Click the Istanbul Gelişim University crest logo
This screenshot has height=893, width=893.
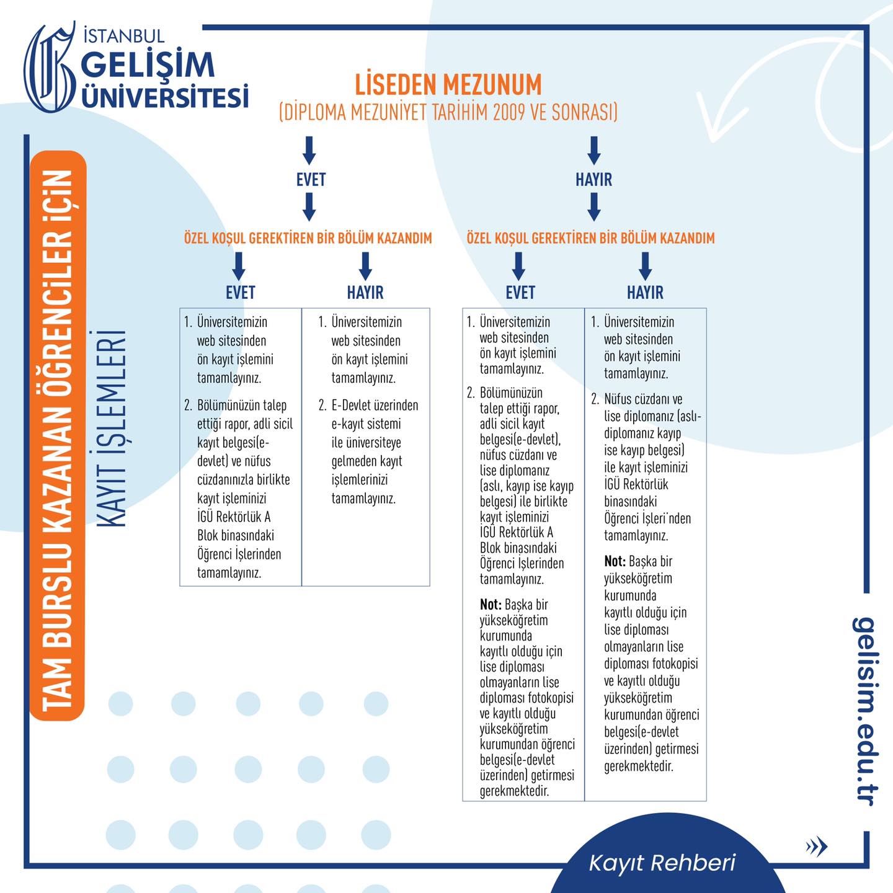pos(50,67)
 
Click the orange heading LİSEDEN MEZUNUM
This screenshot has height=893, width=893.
pos(448,84)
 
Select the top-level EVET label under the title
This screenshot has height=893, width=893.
pos(311,179)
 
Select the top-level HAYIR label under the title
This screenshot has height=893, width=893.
pos(593,179)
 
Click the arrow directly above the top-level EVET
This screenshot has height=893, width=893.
pos(309,150)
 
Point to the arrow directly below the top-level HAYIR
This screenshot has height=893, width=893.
pos(594,207)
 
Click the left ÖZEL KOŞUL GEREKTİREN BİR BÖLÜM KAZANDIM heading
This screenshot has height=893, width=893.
pos(308,238)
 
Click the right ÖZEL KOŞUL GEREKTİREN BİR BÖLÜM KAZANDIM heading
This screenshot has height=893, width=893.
pos(590,238)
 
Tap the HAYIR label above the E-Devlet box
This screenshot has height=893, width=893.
pos(365,293)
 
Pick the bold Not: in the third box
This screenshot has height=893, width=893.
pos(491,604)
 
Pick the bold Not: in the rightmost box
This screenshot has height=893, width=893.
pos(615,561)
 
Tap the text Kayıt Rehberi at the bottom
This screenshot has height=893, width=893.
pos(662,863)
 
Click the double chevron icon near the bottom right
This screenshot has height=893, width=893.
pos(816,846)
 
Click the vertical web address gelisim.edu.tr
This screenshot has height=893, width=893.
pos(864,711)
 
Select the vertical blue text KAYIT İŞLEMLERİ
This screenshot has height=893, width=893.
pos(112,428)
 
